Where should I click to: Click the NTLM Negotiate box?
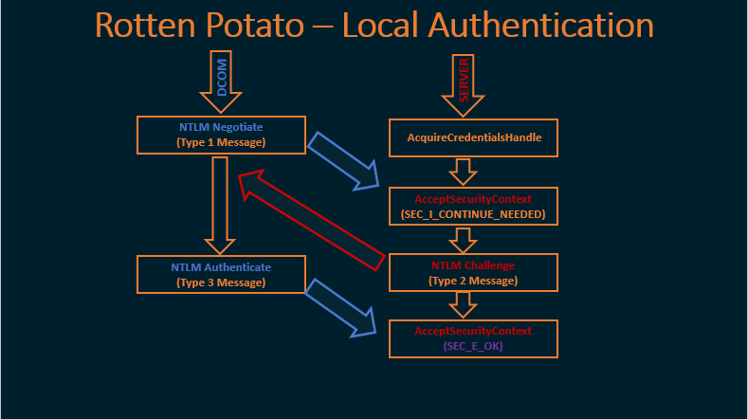pyautogui.click(x=221, y=135)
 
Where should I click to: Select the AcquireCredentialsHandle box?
pyautogui.click(x=473, y=137)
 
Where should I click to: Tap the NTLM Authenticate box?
pyautogui.click(x=221, y=274)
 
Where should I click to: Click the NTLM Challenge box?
pyautogui.click(x=473, y=272)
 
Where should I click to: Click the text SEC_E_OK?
pyautogui.click(x=473, y=348)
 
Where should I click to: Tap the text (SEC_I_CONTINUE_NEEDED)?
pyautogui.click(x=473, y=215)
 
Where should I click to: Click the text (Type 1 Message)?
pyautogui.click(x=221, y=143)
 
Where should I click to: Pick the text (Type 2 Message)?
pyautogui.click(x=473, y=282)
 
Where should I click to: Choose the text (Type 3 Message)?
pyautogui.click(x=221, y=282)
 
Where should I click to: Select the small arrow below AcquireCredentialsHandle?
pyautogui.click(x=463, y=171)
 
